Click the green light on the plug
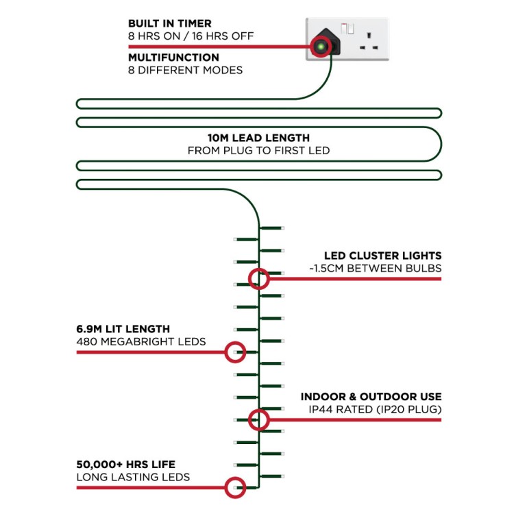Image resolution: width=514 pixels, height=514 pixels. click(321, 47)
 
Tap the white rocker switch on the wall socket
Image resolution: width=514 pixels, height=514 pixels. click(347, 29)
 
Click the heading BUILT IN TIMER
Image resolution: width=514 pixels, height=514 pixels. click(170, 23)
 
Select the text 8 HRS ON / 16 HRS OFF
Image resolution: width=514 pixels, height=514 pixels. click(191, 36)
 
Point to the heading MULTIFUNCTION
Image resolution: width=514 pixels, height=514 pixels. click(174, 58)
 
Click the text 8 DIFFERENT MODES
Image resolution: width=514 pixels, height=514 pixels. click(185, 70)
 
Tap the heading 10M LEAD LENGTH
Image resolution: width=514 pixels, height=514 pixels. click(258, 138)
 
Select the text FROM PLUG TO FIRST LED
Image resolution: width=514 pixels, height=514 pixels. click(258, 151)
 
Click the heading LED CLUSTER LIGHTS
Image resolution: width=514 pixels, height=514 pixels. click(383, 256)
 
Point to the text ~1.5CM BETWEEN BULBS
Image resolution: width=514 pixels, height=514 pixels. click(376, 268)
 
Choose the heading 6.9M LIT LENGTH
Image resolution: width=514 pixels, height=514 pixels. click(123, 329)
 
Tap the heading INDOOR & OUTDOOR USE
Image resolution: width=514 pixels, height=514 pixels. click(371, 397)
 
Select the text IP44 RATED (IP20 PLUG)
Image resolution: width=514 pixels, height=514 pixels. click(375, 409)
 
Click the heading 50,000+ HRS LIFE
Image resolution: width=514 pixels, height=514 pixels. click(126, 464)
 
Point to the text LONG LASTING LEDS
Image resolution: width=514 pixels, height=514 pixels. click(133, 477)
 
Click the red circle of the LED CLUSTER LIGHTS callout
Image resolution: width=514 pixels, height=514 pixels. click(249, 279)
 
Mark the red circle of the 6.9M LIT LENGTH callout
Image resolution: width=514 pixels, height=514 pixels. click(225, 352)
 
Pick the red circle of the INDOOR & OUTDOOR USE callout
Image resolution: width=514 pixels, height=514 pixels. click(249, 419)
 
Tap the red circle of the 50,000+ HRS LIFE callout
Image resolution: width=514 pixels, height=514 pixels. click(225, 488)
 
